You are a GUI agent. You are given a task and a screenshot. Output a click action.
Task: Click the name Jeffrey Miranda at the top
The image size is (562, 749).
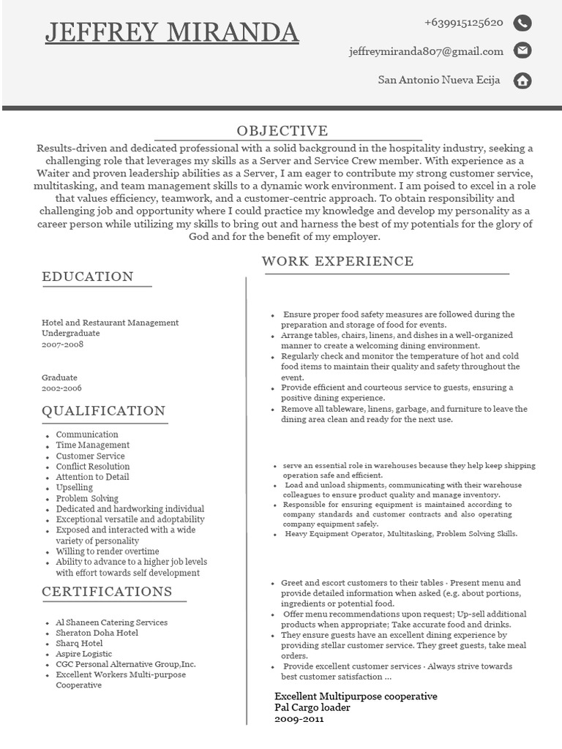[x=172, y=32]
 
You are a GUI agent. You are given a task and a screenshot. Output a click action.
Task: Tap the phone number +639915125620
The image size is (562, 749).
[x=463, y=23]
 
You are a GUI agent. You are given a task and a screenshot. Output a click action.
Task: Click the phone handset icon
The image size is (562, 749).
[x=522, y=23]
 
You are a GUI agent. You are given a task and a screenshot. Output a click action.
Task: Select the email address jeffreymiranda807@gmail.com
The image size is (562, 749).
[x=426, y=51]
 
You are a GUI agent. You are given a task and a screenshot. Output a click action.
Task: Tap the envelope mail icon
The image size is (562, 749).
[x=522, y=51]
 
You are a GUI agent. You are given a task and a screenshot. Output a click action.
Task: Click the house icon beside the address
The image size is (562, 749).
[x=522, y=80]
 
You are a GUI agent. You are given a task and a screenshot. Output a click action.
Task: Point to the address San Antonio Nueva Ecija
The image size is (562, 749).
[x=439, y=80]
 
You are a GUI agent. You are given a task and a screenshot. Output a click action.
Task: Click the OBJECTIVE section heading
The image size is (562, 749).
[x=282, y=131]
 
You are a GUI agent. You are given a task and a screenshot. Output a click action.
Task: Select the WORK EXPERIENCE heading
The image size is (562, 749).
[x=337, y=261]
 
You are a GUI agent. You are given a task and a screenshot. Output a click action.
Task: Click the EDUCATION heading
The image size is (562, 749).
[x=88, y=276]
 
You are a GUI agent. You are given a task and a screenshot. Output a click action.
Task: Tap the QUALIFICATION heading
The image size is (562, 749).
[x=104, y=410]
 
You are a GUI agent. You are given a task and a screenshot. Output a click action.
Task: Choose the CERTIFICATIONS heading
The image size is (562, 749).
[x=107, y=591]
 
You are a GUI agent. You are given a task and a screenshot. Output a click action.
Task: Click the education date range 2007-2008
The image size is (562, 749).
[x=62, y=344]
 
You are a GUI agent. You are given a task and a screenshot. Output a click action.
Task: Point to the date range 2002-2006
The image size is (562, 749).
[x=61, y=388]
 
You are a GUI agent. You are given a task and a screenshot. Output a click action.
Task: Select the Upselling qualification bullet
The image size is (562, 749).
[x=75, y=487]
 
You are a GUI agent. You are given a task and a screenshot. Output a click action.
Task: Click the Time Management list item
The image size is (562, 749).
[x=93, y=445]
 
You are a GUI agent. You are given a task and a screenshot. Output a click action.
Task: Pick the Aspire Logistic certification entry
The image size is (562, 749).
[x=84, y=654]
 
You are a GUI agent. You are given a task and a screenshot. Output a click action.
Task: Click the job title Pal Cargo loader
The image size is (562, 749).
[x=312, y=707]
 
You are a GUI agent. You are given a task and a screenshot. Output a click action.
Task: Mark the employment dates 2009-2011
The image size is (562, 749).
[x=299, y=719]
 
